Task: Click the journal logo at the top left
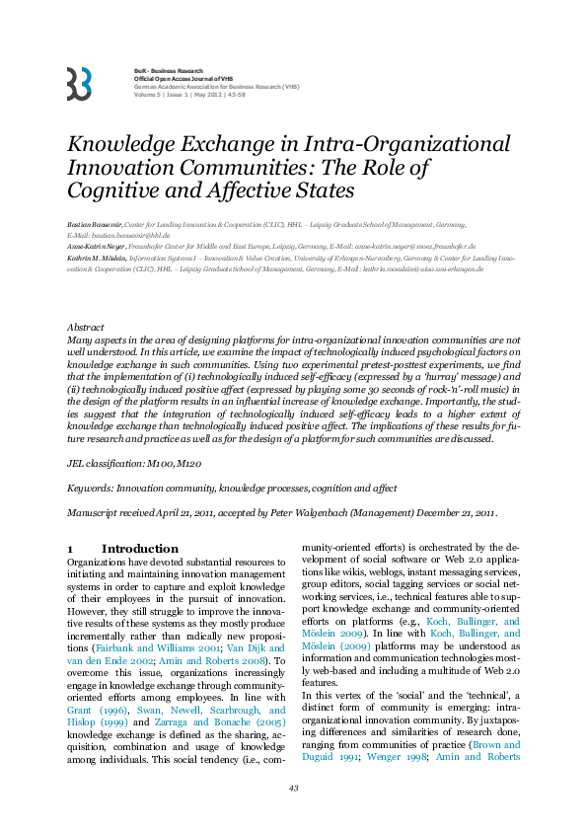pyautogui.click(x=79, y=84)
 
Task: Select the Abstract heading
pyautogui.click(x=85, y=327)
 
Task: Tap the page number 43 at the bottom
pyautogui.click(x=293, y=788)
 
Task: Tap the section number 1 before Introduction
pyautogui.click(x=69, y=548)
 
